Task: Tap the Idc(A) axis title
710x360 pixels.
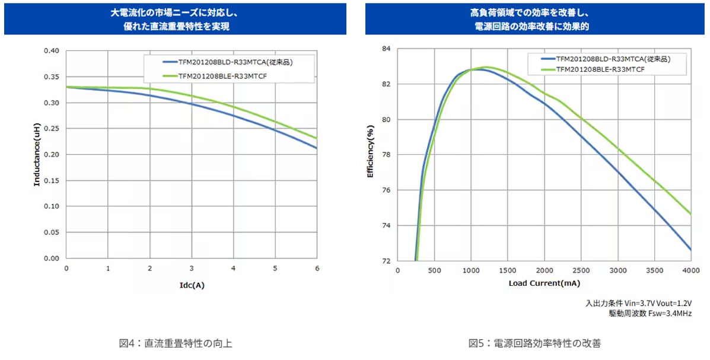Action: [x=192, y=285]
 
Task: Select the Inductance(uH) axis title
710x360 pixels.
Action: [x=37, y=155]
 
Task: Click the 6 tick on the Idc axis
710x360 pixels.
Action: [x=317, y=269]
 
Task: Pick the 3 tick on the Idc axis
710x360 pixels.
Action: [x=192, y=269]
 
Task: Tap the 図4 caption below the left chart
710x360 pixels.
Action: [x=171, y=343]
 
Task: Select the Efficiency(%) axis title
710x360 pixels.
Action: [x=370, y=155]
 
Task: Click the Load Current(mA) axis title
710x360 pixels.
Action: [x=544, y=283]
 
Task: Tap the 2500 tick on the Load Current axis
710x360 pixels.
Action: [x=581, y=271]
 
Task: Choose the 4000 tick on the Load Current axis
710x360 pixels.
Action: [x=690, y=271]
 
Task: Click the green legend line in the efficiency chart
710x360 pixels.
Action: [x=547, y=69]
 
